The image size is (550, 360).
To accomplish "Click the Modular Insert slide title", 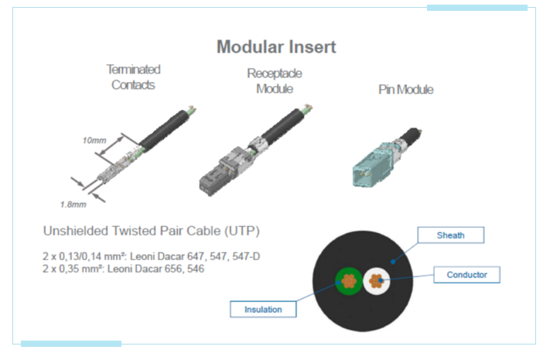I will tap(276, 46).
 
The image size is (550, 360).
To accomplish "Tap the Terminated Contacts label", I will tap(133, 77).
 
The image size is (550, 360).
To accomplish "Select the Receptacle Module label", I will tap(275, 81).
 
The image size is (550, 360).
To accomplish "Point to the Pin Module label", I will tap(405, 90).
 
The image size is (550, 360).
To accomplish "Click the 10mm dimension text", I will tap(94, 141).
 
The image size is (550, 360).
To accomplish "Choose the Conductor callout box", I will tap(472, 274).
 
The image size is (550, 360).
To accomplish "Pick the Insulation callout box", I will tap(263, 309).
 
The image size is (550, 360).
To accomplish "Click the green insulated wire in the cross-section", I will tap(347, 282).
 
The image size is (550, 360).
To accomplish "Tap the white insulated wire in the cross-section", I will tap(377, 281).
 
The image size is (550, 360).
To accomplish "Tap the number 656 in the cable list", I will tap(165, 269).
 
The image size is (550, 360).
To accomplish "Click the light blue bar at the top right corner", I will tap(477, 8).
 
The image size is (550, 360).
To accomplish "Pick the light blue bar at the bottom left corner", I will tap(71, 343).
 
